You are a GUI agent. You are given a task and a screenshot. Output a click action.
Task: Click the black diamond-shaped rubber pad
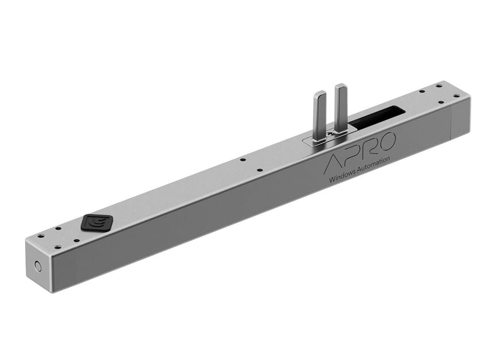(97, 222)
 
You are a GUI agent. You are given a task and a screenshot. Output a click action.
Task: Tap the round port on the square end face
(38, 266)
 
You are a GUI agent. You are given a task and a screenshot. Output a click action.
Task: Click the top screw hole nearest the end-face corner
(41, 236)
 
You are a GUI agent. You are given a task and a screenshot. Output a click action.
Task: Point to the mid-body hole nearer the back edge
(243, 159)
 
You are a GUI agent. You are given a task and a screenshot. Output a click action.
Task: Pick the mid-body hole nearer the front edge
(259, 170)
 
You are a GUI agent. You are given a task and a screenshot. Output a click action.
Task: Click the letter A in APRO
(335, 163)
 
